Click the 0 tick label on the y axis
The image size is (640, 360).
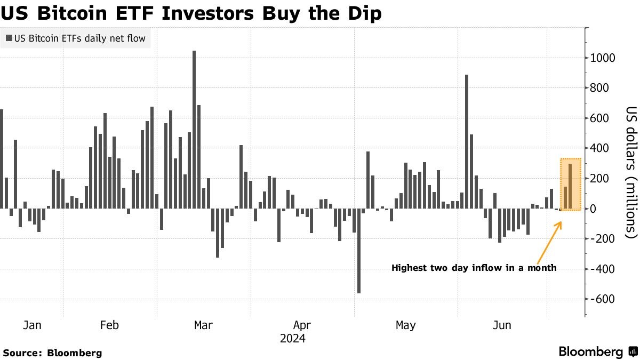pos(593,209)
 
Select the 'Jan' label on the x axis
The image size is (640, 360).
pos(32,325)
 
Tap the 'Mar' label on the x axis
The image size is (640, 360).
pos(203,325)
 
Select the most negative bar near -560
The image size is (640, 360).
pos(359,251)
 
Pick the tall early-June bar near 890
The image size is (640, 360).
pos(467,141)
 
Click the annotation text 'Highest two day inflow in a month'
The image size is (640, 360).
pos(474,268)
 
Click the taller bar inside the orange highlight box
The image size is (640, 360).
pos(570,186)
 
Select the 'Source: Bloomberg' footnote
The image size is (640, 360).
pos(52,353)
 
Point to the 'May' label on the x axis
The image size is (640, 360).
pos(406,325)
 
